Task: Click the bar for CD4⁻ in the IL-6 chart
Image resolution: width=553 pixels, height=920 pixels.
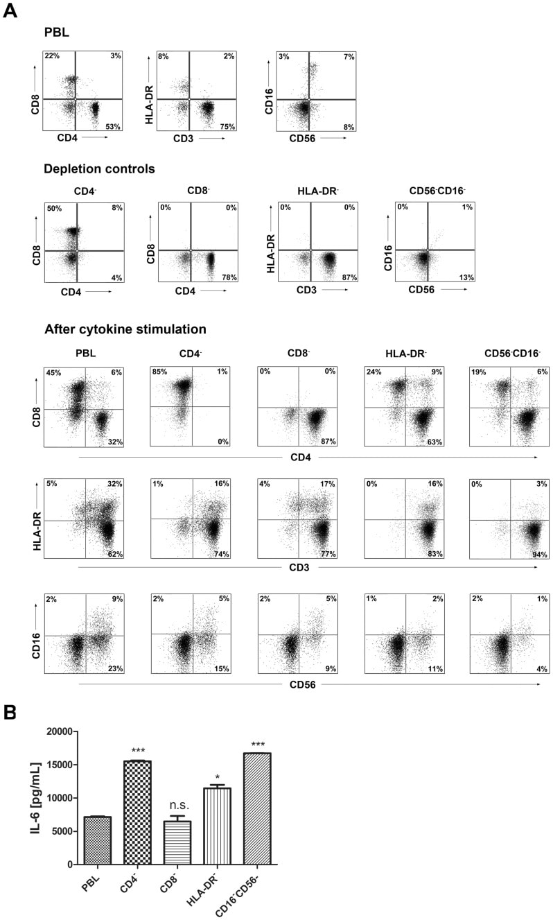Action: (142, 813)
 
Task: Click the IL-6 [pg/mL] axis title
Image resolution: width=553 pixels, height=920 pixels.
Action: (35, 797)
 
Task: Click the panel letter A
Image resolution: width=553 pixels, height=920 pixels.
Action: (10, 12)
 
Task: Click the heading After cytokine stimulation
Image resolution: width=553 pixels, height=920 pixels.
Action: (125, 329)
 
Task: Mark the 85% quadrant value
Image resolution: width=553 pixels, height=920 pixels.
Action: (160, 372)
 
